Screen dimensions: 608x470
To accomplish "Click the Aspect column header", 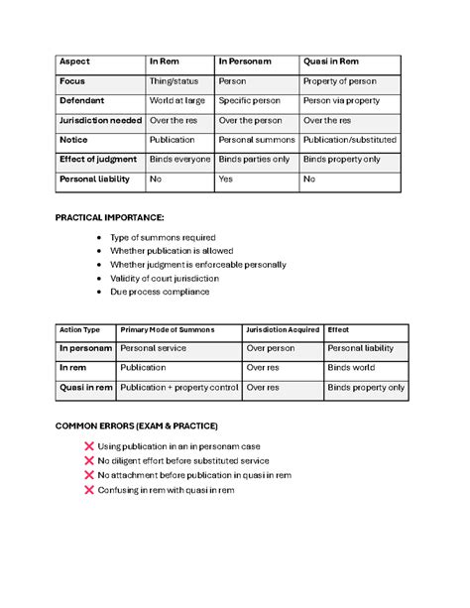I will (x=74, y=61).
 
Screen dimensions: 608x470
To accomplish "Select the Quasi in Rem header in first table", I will (x=331, y=61).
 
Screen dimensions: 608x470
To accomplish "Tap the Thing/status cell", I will (x=173, y=81).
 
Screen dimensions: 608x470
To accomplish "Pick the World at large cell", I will (x=177, y=101).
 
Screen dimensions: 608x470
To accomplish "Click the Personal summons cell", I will (x=256, y=140).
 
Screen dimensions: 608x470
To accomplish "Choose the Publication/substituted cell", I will (x=350, y=140).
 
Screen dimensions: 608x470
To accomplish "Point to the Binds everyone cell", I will (x=179, y=160).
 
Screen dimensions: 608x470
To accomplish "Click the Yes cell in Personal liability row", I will (x=225, y=180).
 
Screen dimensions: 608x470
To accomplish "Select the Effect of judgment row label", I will (x=98, y=160).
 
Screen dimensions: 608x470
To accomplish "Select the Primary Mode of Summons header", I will (x=167, y=329).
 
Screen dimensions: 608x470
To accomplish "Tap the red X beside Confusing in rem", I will (x=91, y=490).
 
